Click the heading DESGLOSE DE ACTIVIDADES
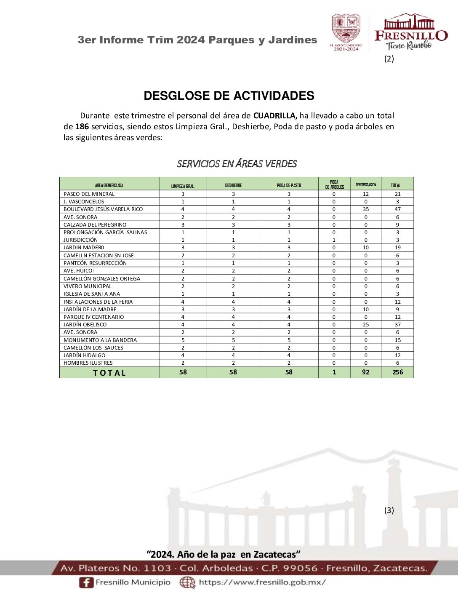[x=229, y=96]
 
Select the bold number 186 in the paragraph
[x=82, y=126]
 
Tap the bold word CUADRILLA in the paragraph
[x=275, y=115]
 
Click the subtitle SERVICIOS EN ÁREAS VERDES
[x=237, y=163]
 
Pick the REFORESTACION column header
[x=366, y=184]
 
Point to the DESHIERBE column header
[x=233, y=185]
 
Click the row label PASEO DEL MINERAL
[x=89, y=194]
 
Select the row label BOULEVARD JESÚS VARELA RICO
[x=103, y=209]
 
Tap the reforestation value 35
[x=366, y=209]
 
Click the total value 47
[x=397, y=209]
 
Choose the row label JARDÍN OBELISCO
[x=85, y=325]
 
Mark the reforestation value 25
[x=366, y=325]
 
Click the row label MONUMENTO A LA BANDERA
[x=100, y=340]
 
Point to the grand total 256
[x=397, y=372]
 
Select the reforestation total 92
[x=366, y=372]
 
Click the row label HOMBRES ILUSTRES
[x=88, y=363]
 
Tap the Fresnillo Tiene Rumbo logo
[x=410, y=33]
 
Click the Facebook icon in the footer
[x=86, y=582]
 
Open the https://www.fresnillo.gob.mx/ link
[x=262, y=582]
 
